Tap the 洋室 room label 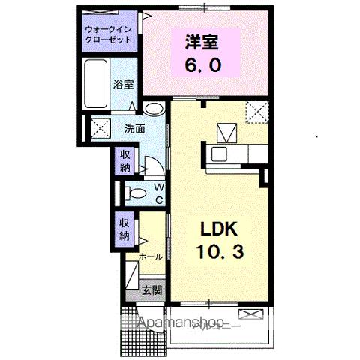pyautogui.click(x=199, y=40)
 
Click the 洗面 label pyautogui.click(x=134, y=127)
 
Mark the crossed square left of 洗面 pyautogui.click(x=101, y=127)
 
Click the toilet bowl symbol pyautogui.click(x=137, y=193)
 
